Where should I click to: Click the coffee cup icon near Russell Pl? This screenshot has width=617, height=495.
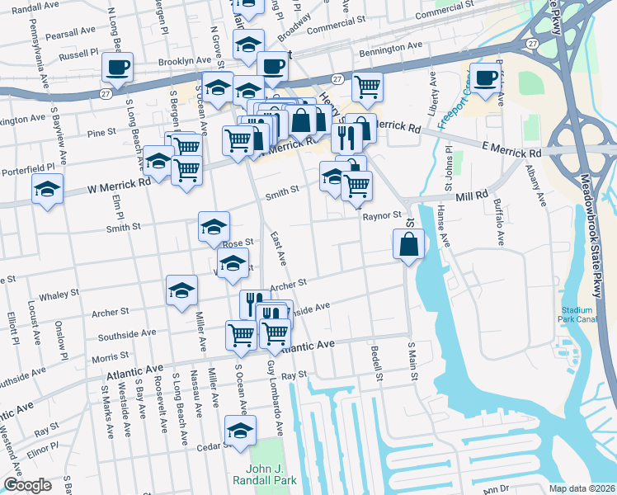coord(117,67)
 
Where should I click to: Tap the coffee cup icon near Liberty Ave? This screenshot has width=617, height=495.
coord(486,77)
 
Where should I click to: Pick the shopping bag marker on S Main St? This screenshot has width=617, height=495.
coord(408,244)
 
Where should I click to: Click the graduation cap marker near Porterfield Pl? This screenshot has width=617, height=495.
coord(47,188)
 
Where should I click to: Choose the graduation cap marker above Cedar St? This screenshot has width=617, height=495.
coord(240,431)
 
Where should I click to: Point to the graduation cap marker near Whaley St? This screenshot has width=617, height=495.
coord(181,290)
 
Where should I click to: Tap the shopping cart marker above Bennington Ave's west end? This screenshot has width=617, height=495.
coord(367,85)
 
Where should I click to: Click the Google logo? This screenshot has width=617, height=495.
coord(27,485)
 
